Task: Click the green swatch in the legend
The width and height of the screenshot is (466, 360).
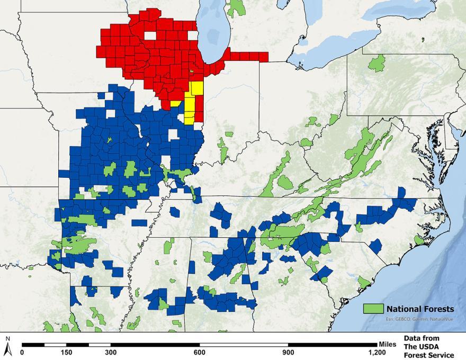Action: coord(372,308)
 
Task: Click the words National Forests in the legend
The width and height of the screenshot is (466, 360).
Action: coord(419,309)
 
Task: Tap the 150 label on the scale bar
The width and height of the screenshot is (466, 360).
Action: coord(66,352)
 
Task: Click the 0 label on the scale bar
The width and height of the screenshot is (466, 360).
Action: coord(22,352)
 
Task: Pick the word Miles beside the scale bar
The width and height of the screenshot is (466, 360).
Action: coord(388,344)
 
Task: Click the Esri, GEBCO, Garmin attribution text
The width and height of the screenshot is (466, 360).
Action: coord(408,319)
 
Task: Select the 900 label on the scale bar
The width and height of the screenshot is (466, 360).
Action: coord(286,352)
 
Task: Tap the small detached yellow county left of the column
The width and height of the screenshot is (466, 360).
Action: coord(175,104)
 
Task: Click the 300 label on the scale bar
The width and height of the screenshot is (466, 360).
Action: coord(110,352)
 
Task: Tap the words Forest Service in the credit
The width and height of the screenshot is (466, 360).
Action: coord(429,355)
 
